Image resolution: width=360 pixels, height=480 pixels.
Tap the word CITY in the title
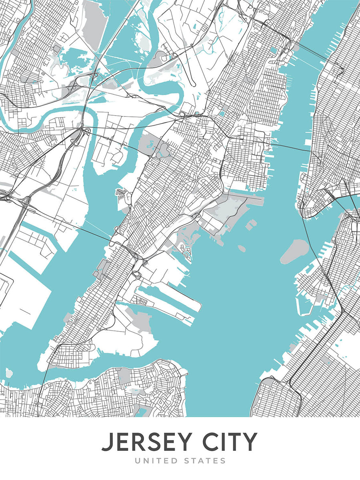point(233,442)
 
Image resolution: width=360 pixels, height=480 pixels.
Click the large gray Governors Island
point(294,251)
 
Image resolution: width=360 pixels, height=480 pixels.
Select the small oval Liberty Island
point(242,248)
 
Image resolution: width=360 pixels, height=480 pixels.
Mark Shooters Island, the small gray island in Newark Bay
point(9,373)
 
